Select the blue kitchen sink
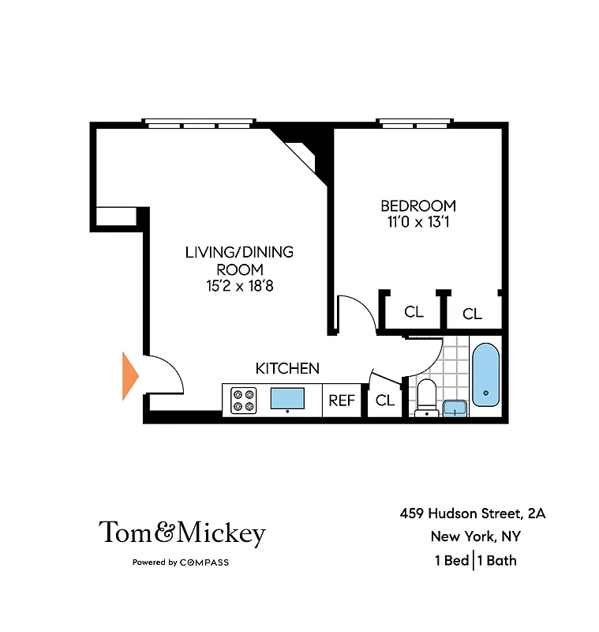point(287,398)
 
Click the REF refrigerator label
point(342,401)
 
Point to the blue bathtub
point(485,374)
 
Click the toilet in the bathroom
point(427,394)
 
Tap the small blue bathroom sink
point(454,408)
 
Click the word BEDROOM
point(417,206)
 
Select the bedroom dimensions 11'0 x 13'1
point(417,223)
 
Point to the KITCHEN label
point(287,368)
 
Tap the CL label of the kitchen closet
point(384,401)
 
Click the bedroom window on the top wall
point(415,123)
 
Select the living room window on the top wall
point(199,123)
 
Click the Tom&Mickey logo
point(182,534)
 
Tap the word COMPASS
point(204,562)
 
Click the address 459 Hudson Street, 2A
point(473,513)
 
